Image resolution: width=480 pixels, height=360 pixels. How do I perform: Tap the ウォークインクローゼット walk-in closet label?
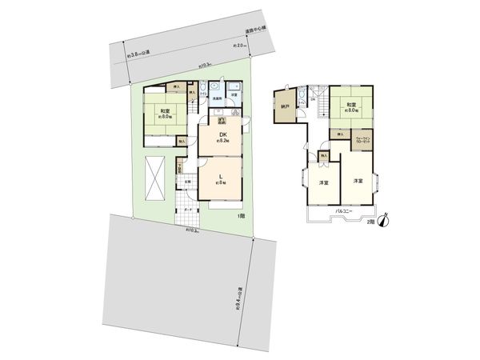[x=362, y=140]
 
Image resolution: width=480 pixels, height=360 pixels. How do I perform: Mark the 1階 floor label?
[x=240, y=216]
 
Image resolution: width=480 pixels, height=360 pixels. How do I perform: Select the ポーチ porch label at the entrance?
[x=188, y=210]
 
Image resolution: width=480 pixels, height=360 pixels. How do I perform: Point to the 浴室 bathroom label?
[x=234, y=95]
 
